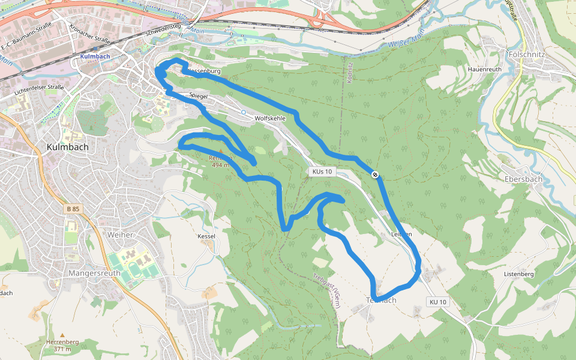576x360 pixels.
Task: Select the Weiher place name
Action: click(x=120, y=235)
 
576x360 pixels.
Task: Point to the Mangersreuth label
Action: click(x=95, y=273)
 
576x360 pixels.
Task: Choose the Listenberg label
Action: click(x=519, y=274)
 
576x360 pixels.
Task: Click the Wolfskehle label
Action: click(x=270, y=119)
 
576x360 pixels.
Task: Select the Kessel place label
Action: click(x=206, y=236)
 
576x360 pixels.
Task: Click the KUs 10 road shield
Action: click(x=321, y=172)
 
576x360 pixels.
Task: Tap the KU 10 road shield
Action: click(x=438, y=302)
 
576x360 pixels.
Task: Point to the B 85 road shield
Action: click(x=73, y=209)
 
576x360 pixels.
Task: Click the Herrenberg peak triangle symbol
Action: click(x=62, y=335)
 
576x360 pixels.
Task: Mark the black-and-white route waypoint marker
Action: click(x=375, y=175)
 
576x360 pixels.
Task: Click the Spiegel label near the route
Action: click(x=197, y=95)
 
